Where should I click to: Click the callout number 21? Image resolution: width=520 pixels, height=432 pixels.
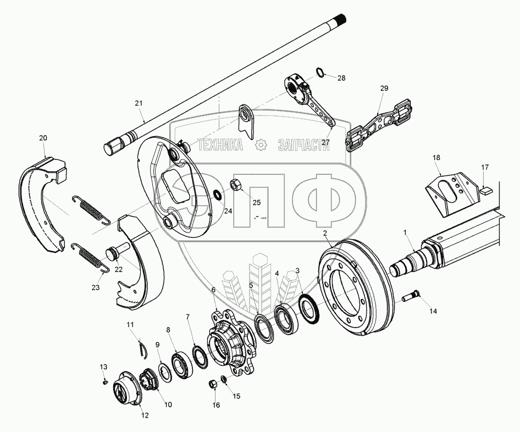point(139,103)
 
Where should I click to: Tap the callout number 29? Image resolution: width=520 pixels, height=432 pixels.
point(384,88)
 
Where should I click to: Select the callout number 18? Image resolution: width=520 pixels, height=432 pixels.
point(436,158)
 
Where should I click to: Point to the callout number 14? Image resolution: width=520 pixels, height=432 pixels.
point(433,311)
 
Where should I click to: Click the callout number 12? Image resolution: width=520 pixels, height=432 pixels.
point(145,415)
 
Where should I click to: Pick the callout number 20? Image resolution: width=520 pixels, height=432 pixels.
point(43,138)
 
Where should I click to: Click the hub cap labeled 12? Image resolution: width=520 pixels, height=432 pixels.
point(125,390)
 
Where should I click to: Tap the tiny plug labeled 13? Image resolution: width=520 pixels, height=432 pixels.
point(103,383)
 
